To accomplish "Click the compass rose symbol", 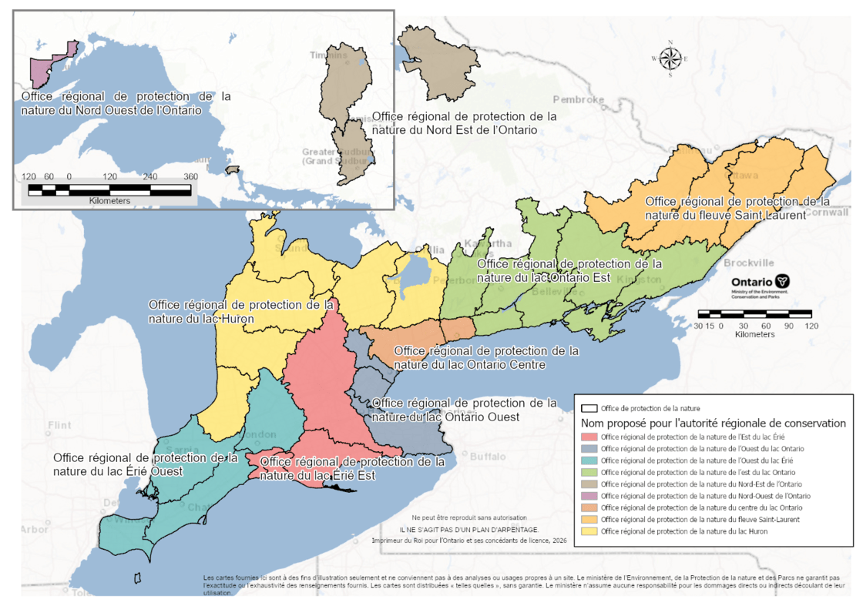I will pos(670,59).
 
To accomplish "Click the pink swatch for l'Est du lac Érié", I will pos(589,437).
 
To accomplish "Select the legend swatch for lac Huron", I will pos(589,531).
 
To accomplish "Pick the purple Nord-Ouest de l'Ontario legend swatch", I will pos(589,496).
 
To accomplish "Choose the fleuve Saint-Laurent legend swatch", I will pos(589,520).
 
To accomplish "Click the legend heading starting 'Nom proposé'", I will pos(714,423).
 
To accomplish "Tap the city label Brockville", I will pos(749,263).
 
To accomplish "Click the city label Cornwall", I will pos(831,212).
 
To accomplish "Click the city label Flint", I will pos(59,425).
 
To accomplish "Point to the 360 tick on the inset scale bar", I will pos(190,176).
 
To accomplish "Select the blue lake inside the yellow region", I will pos(417,271).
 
